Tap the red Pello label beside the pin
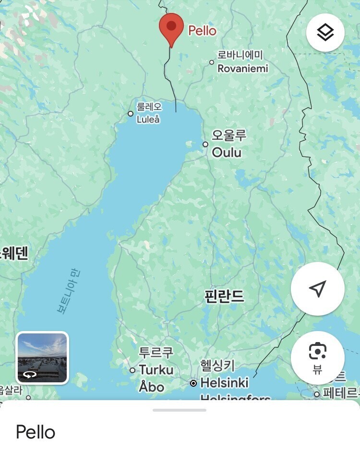[x=202, y=31]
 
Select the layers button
[x=325, y=33]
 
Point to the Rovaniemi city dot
[x=212, y=62]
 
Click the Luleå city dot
[x=130, y=114]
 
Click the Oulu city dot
[x=205, y=144]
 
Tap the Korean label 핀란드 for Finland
[x=224, y=296]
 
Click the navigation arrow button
[x=317, y=288]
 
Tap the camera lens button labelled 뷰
[x=317, y=357]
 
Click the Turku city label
[x=156, y=369]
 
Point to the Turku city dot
[x=132, y=370]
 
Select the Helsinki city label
[x=224, y=382]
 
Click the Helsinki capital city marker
[x=193, y=383]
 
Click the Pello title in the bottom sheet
[x=36, y=432]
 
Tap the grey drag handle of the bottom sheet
[x=180, y=410]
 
